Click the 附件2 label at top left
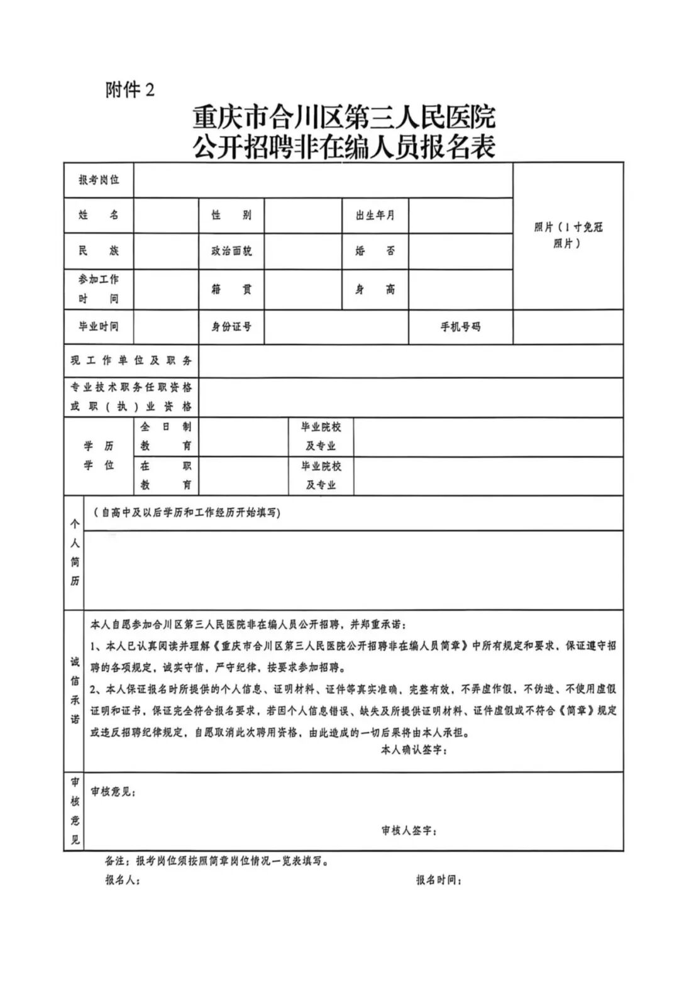[x=130, y=91]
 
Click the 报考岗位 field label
[x=99, y=180]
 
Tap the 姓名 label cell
[x=99, y=215]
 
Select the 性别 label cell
[x=231, y=215]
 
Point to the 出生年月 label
[x=375, y=216]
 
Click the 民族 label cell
[x=99, y=251]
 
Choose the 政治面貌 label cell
[x=231, y=251]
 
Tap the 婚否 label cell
[x=375, y=251]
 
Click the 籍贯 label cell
[x=231, y=289]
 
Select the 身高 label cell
[x=375, y=289]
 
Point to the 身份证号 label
[x=231, y=327]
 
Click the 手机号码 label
[x=460, y=327]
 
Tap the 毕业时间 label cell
[x=99, y=326]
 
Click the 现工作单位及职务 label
[x=131, y=361]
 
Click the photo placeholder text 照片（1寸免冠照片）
[x=568, y=235]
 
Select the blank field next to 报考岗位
[x=323, y=180]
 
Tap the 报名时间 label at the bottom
[x=439, y=880]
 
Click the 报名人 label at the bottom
[x=123, y=880]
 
